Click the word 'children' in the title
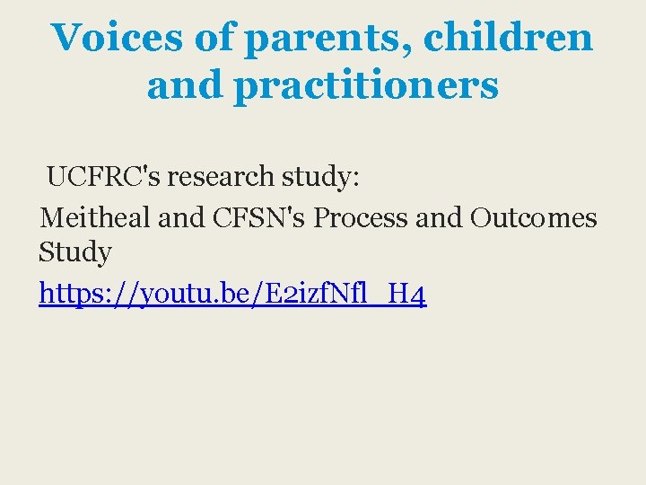[x=508, y=38]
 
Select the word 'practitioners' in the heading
[x=366, y=86]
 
